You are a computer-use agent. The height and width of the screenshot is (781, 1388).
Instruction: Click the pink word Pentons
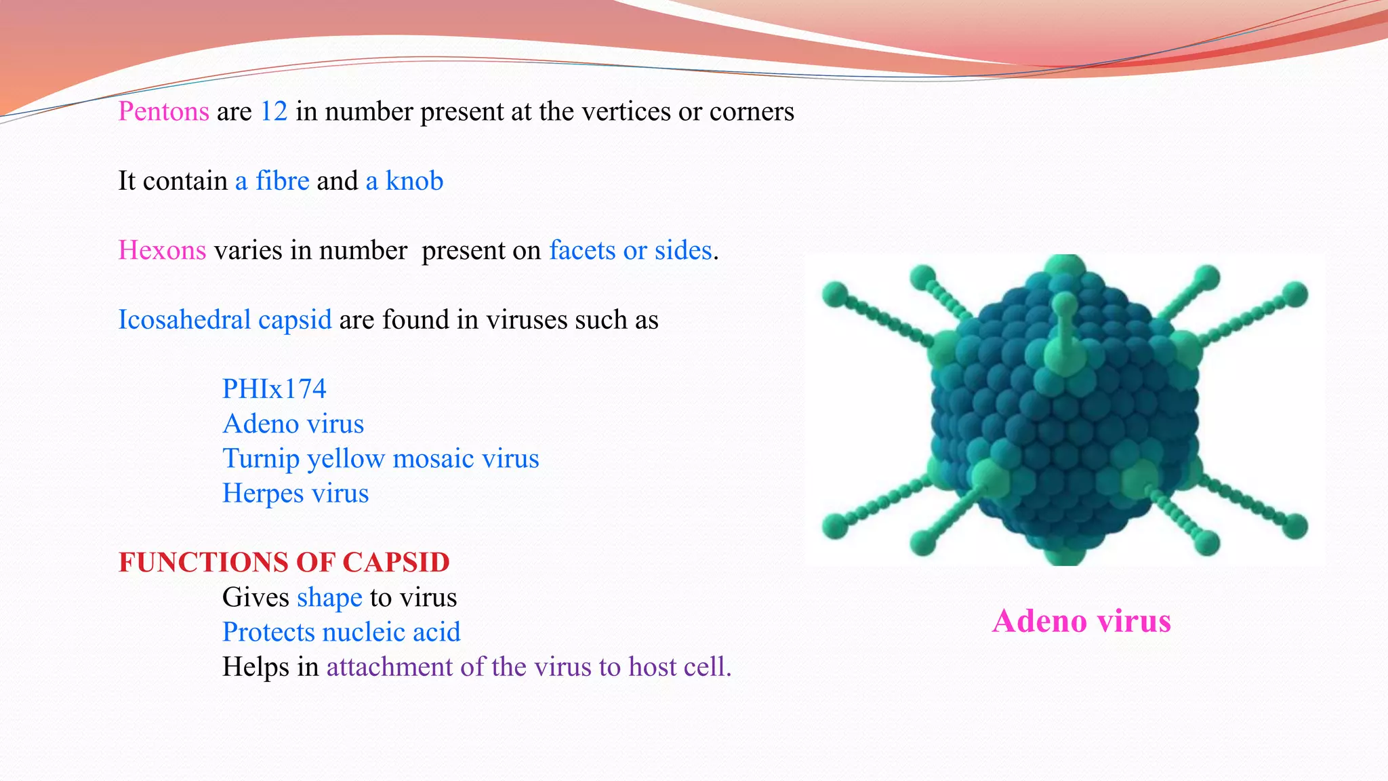click(163, 112)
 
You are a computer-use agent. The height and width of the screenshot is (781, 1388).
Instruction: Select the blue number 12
click(274, 112)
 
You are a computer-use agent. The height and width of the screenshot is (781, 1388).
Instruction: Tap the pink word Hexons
click(162, 251)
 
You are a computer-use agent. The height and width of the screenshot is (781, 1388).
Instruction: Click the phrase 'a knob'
click(405, 182)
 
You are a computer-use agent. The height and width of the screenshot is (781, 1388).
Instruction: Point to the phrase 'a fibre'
click(272, 182)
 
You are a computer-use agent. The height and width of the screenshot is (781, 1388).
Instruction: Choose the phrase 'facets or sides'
click(630, 251)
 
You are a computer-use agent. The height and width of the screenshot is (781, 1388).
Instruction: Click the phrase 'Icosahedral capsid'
click(225, 320)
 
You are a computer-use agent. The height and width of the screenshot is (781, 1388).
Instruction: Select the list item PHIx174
click(274, 389)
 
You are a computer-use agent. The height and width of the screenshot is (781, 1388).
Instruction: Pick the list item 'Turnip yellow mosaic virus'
click(381, 459)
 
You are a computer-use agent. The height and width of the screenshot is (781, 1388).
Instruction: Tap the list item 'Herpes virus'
click(295, 494)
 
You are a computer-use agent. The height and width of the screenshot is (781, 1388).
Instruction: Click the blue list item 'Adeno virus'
click(293, 424)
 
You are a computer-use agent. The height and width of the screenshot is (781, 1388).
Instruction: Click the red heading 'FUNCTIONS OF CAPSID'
click(284, 563)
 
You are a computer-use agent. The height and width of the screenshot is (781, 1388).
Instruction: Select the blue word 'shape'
click(329, 598)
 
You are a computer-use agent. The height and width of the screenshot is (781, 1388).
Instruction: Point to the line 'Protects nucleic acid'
click(342, 633)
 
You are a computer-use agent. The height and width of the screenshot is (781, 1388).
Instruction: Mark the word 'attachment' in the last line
click(390, 667)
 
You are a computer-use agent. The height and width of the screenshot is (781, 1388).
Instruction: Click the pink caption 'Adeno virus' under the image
click(1082, 621)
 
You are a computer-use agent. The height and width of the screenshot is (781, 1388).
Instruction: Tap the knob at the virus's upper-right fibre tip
click(1295, 294)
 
